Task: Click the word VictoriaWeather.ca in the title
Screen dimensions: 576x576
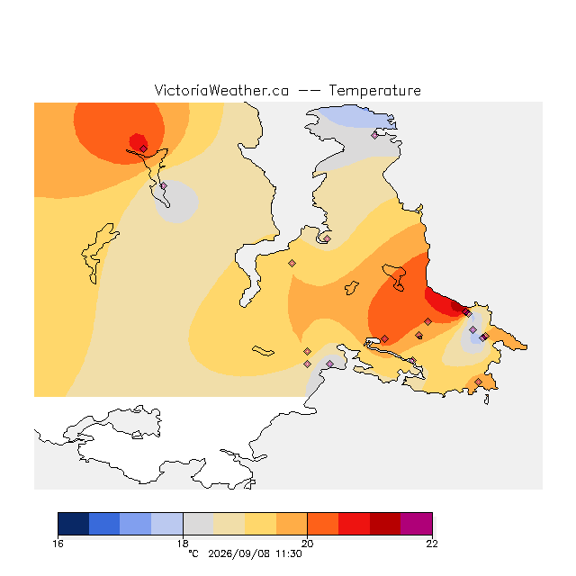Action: point(221,90)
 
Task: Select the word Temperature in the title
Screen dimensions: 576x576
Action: point(374,90)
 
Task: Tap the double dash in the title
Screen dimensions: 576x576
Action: point(309,91)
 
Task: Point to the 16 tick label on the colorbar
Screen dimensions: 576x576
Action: point(58,544)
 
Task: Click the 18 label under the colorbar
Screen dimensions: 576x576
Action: point(183,544)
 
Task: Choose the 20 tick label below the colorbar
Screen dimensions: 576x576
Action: point(308,544)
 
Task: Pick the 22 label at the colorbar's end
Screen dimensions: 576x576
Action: point(432,544)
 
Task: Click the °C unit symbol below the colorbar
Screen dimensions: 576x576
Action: point(193,553)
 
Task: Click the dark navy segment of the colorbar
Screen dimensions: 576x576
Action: point(74,524)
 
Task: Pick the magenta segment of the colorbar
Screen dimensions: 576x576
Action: point(416,524)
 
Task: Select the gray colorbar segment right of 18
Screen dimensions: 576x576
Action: point(198,524)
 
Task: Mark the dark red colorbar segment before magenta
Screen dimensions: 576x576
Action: point(385,524)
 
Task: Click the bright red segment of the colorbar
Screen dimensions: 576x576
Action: point(354,524)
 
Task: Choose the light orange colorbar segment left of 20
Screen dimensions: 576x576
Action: point(292,524)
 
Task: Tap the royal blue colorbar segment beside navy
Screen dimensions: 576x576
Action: point(104,524)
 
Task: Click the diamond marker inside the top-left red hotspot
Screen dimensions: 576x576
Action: point(144,148)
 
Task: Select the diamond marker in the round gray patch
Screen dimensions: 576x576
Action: point(164,186)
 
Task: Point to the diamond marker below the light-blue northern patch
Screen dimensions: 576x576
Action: point(374,136)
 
